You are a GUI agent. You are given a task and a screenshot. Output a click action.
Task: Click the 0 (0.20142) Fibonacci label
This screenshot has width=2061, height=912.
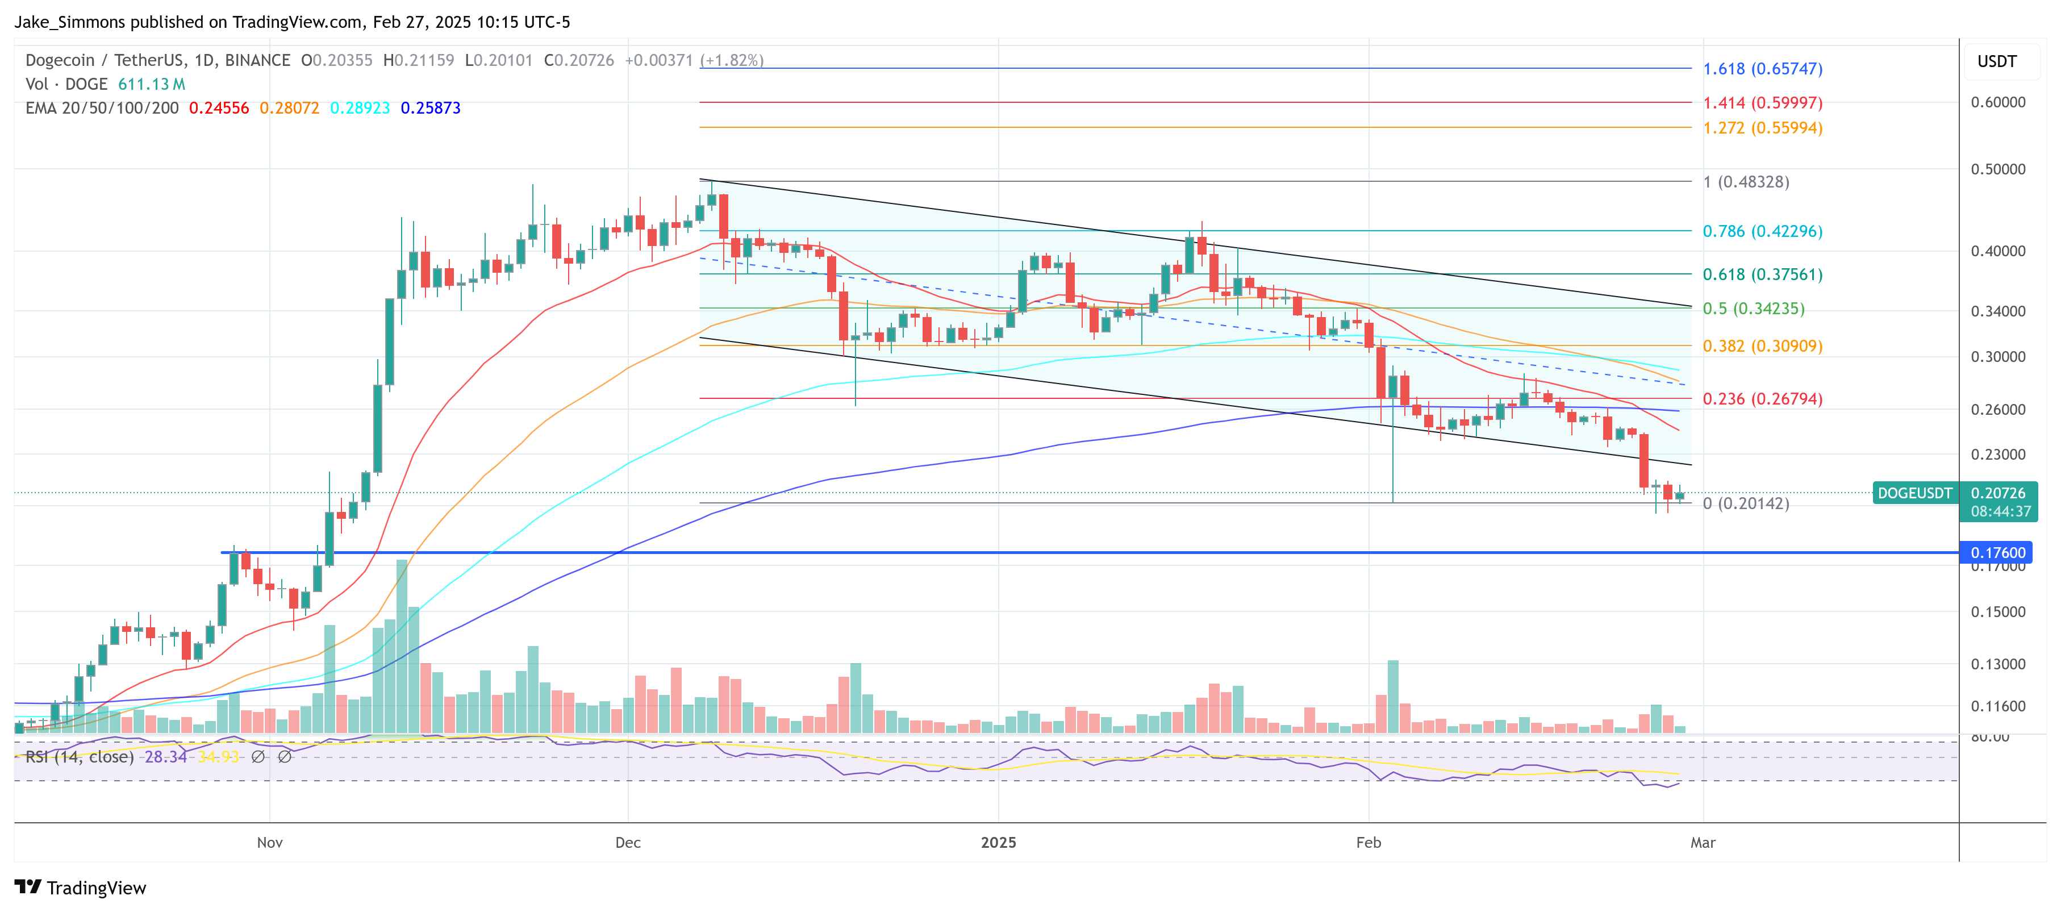click(1745, 503)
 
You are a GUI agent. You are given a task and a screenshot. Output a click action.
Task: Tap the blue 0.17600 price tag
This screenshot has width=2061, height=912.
click(1997, 553)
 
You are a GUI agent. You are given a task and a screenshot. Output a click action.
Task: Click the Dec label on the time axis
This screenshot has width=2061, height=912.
click(628, 843)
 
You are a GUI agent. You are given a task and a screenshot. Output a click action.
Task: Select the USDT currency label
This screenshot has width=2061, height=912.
click(1996, 61)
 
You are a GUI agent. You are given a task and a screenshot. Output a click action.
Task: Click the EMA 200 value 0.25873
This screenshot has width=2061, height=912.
click(431, 108)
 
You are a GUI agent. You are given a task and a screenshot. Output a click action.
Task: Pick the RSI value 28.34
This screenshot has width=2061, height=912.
click(165, 757)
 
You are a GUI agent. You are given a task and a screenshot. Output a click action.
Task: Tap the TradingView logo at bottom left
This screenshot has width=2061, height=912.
click(80, 888)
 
